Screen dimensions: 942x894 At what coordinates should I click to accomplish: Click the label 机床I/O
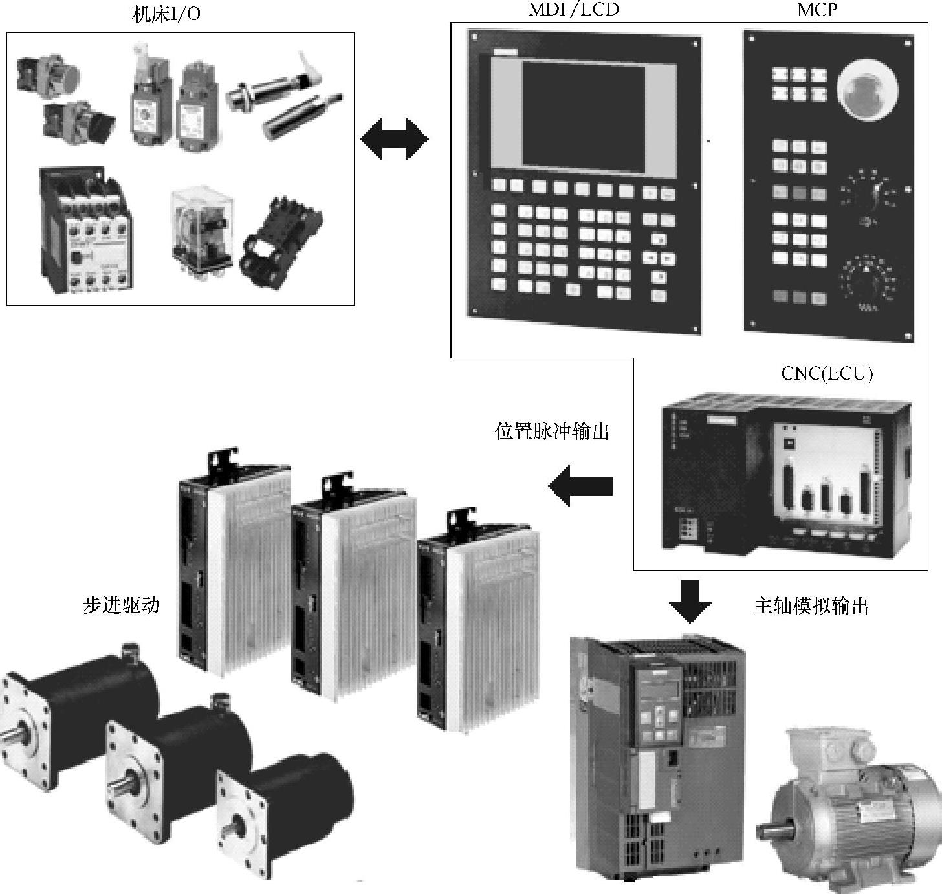(166, 14)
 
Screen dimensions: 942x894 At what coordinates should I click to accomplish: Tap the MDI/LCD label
(573, 9)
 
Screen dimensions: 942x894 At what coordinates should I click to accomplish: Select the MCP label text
(818, 9)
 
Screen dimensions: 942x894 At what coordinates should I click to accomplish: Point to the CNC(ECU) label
(827, 373)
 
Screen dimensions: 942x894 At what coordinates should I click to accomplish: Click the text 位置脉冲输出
(552, 431)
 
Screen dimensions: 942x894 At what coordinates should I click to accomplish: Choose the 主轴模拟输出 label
(811, 606)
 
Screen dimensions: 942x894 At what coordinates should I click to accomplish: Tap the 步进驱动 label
(121, 605)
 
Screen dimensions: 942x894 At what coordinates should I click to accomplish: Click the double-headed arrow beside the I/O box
(394, 138)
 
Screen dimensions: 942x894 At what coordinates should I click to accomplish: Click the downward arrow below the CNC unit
(690, 600)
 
